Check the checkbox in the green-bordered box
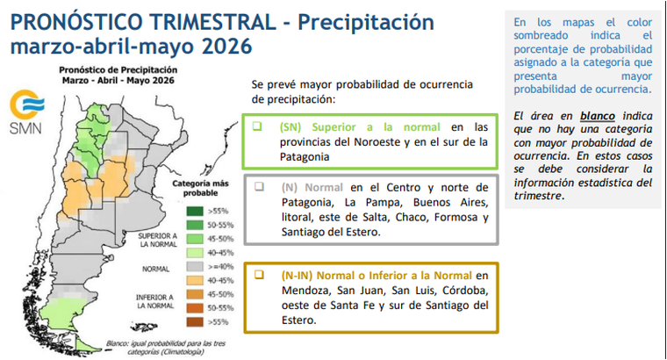[257, 126]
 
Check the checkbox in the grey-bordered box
[257, 187]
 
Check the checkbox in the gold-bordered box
[257, 275]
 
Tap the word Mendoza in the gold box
[307, 290]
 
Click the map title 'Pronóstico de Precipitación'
[118, 68]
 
